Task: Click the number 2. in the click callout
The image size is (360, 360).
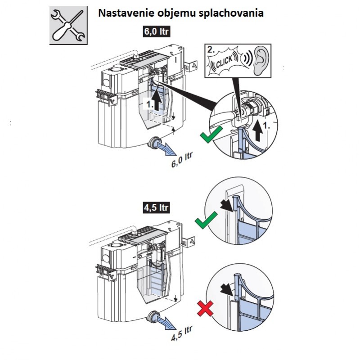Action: [211, 49]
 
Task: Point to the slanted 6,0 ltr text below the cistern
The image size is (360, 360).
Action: [182, 160]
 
